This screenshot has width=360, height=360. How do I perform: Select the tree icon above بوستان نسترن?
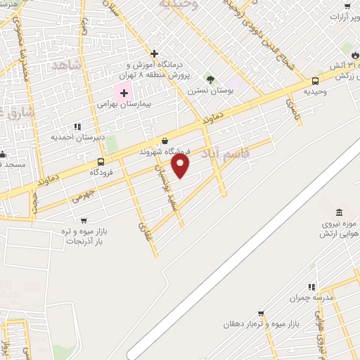[x=209, y=78]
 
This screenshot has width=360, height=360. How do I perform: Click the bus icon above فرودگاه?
[x=101, y=161]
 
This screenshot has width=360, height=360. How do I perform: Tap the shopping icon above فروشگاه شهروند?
[x=165, y=141]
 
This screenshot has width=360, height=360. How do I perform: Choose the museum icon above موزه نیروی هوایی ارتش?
[x=340, y=212]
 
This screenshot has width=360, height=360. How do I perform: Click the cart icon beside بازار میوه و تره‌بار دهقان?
[x=261, y=314]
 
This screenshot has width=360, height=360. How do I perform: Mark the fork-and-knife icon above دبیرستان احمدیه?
[x=77, y=126]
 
